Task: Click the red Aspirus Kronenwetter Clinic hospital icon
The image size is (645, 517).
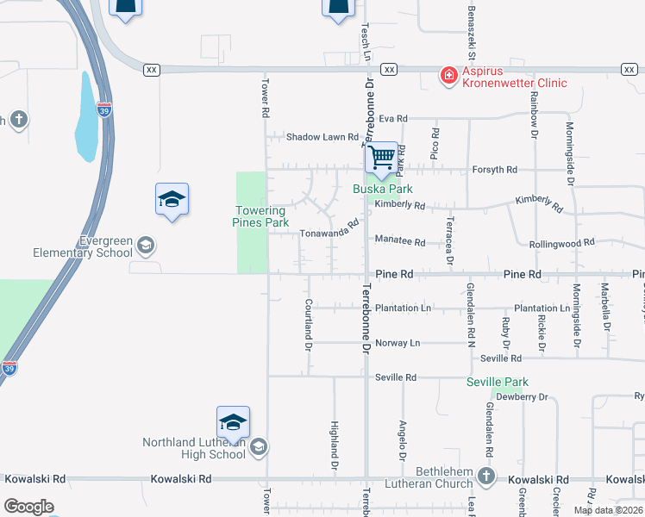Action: tap(448, 77)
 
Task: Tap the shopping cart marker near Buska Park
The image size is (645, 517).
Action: tap(381, 159)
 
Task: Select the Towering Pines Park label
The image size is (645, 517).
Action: tap(260, 216)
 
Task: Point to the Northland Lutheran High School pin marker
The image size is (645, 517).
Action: tap(233, 422)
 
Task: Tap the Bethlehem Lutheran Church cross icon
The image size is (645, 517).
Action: tap(486, 476)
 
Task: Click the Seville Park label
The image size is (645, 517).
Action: tap(497, 382)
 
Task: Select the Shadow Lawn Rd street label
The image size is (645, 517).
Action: tap(322, 137)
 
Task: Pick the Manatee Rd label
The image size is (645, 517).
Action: tap(400, 242)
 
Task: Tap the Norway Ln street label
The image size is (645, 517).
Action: tap(398, 343)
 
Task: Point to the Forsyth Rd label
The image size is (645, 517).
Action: tap(494, 170)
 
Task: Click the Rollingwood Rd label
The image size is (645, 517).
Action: tap(561, 243)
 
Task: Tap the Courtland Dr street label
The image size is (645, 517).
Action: tap(308, 325)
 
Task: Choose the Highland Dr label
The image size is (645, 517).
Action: tap(334, 445)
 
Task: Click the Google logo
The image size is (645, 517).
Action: tap(28, 507)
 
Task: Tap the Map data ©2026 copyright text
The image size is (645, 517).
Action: tap(608, 510)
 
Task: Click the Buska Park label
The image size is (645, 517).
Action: tap(383, 189)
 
